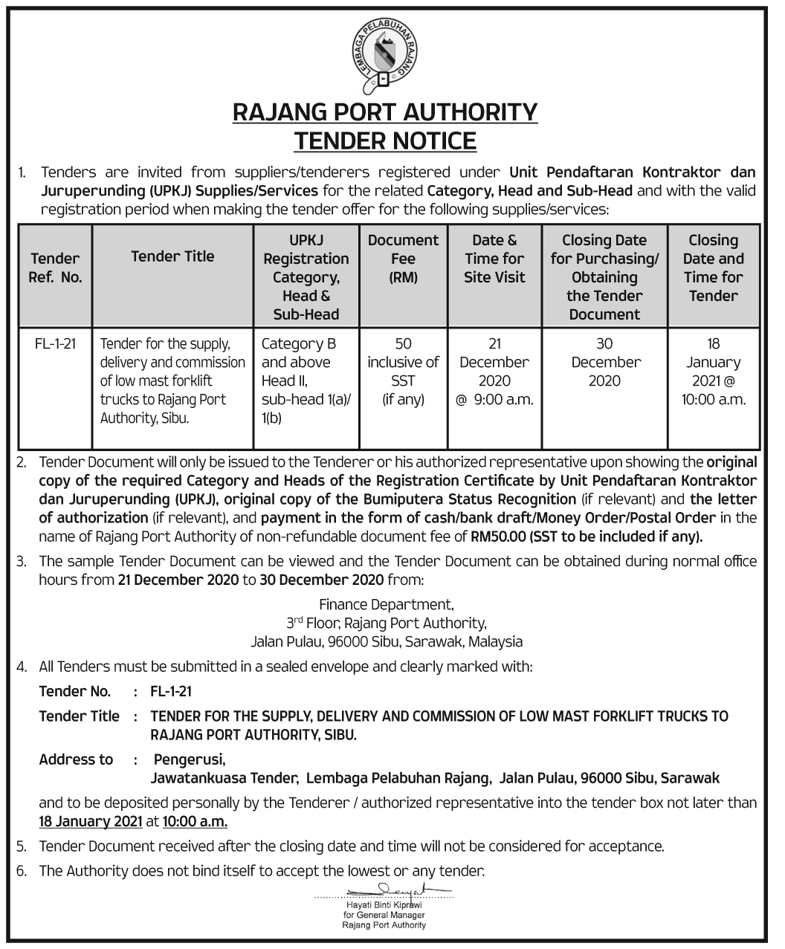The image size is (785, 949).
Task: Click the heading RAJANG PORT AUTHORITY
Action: point(385,112)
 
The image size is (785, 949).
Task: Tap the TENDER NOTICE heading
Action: point(385,140)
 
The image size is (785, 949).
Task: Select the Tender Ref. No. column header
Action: point(56,268)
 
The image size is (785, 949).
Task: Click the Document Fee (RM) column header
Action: point(403,259)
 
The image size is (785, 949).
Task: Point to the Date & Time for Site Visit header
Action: point(494,259)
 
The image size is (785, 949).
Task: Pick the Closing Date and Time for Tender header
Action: point(713,268)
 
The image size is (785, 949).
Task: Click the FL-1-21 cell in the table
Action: point(56,344)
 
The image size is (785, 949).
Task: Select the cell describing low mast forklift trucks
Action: point(172,380)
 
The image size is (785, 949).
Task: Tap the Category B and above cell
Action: point(306,380)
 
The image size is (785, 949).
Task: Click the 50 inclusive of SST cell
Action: point(403,372)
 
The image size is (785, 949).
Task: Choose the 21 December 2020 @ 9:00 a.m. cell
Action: point(494,372)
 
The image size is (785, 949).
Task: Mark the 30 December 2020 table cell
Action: point(604,362)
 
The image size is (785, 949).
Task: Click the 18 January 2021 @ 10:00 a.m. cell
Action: point(713,372)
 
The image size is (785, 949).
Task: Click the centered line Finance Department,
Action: point(386,604)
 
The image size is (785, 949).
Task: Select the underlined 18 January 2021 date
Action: point(90,822)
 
